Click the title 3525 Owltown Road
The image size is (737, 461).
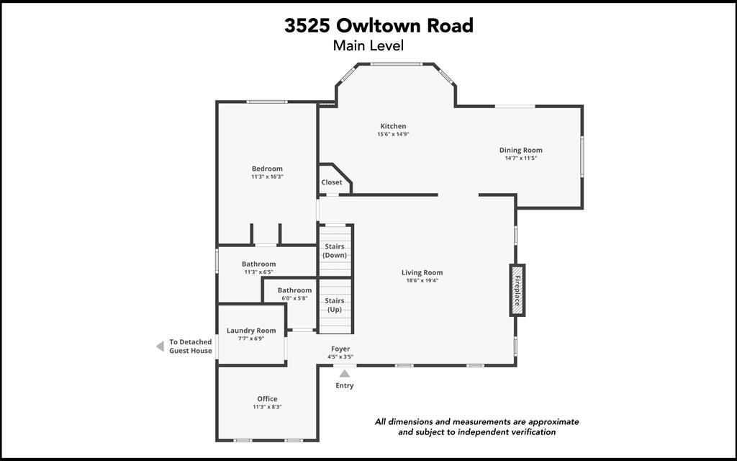[379, 26]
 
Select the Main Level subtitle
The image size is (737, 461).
[368, 45]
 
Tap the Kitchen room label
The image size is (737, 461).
[393, 126]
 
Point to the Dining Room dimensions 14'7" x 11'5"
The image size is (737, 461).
[520, 158]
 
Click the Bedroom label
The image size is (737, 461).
[267, 169]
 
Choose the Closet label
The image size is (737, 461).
[332, 182]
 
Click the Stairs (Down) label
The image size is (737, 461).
[335, 251]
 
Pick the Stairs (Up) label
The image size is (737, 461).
[335, 305]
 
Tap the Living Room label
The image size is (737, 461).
[422, 272]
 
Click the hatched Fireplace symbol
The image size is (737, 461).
[516, 290]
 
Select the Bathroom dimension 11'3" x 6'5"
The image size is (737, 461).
[258, 272]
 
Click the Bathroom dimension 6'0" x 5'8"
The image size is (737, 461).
[294, 298]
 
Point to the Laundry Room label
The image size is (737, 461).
[251, 331]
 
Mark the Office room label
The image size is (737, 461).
[267, 398]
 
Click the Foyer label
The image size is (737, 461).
[340, 349]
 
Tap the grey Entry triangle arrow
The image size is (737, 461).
[345, 373]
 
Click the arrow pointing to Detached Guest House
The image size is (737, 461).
[160, 346]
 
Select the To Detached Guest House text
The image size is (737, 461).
[191, 346]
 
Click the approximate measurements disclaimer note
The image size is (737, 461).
[476, 426]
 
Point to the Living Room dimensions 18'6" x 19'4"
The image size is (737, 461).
[422, 281]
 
